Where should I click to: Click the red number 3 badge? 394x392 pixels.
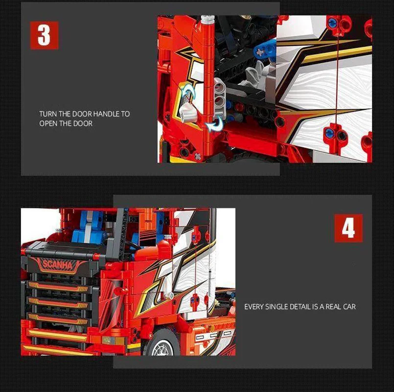pos(44,35)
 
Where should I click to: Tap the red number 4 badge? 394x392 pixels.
pos(348,228)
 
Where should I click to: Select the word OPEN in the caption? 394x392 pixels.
pos(48,123)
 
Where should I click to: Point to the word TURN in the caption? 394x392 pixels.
pos(48,114)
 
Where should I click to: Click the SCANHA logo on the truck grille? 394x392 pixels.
pos(58,265)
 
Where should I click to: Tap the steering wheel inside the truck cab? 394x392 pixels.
pos(133,245)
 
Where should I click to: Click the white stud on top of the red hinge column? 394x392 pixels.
pos(208,20)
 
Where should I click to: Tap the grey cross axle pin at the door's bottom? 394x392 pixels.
pos(199,156)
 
